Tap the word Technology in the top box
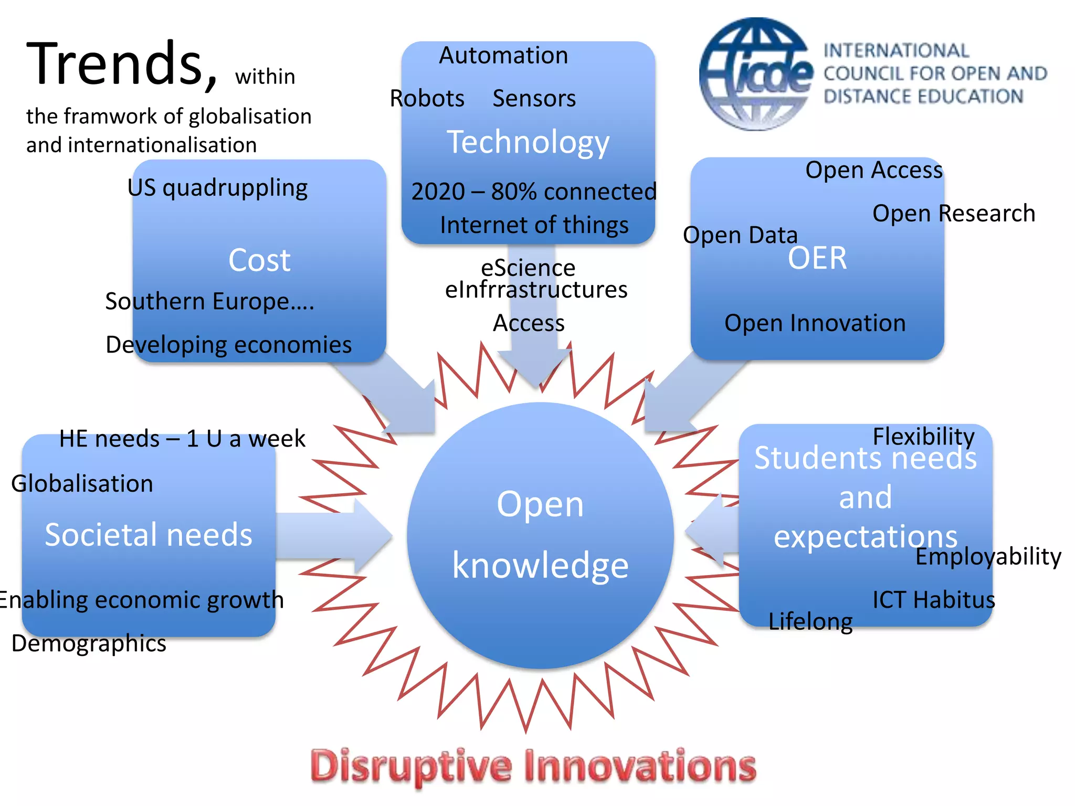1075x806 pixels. tap(528, 142)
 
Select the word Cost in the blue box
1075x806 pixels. tap(259, 260)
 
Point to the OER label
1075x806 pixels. tap(817, 258)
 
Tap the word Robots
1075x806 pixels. tap(427, 99)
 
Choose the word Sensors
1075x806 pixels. tap(534, 99)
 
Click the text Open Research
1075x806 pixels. tap(953, 214)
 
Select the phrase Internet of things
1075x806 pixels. tap(534, 225)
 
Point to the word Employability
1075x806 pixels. tap(988, 556)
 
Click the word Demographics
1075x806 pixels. tap(89, 643)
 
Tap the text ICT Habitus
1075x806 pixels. tap(933, 600)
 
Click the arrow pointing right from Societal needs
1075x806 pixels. tap(336, 536)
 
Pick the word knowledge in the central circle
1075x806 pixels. tap(540, 566)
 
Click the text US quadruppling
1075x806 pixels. tap(217, 188)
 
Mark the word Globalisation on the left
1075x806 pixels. tap(82, 484)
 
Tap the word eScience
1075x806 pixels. tap(528, 268)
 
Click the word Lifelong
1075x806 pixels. tap(810, 622)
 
